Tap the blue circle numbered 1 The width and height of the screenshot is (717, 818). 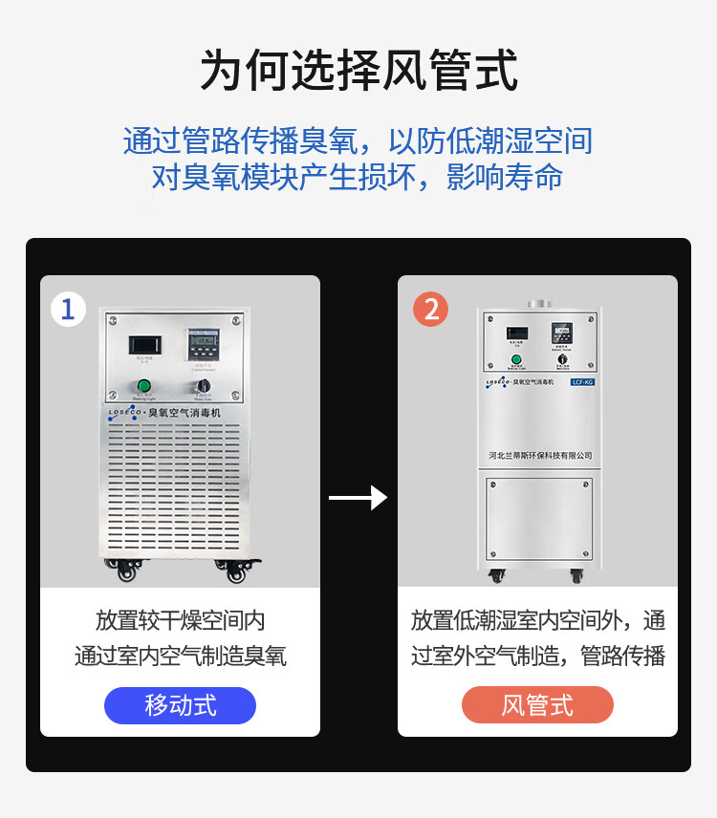pyautogui.click(x=68, y=309)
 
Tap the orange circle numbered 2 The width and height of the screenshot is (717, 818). pyautogui.click(x=430, y=309)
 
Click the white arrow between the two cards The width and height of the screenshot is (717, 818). pyautogui.click(x=358, y=498)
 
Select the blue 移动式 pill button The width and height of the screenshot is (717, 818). pyautogui.click(x=180, y=706)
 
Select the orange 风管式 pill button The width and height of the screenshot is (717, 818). pyautogui.click(x=537, y=706)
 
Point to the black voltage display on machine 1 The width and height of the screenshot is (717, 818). pyautogui.click(x=145, y=343)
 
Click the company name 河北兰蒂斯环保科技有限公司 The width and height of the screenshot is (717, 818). pyautogui.click(x=539, y=455)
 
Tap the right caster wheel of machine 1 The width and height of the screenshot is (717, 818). pyautogui.click(x=235, y=571)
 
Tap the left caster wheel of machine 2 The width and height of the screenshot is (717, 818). pyautogui.click(x=497, y=575)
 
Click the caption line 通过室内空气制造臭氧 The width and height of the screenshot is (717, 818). pyautogui.click(x=180, y=657)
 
